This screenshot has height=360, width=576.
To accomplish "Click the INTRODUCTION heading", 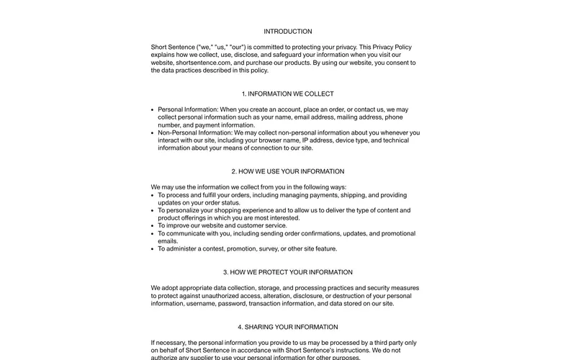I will coord(288,32).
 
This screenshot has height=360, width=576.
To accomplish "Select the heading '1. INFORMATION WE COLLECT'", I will coord(288,94).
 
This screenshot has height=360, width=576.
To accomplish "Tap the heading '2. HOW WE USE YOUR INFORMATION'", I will coord(288,171).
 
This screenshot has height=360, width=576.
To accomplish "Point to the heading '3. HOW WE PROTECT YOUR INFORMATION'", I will coord(288,272).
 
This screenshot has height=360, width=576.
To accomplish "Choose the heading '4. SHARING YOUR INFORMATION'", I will coord(288,327).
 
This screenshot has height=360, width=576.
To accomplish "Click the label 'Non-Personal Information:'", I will coord(195,132).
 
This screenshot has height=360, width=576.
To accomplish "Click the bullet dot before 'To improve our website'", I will coord(153,225).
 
